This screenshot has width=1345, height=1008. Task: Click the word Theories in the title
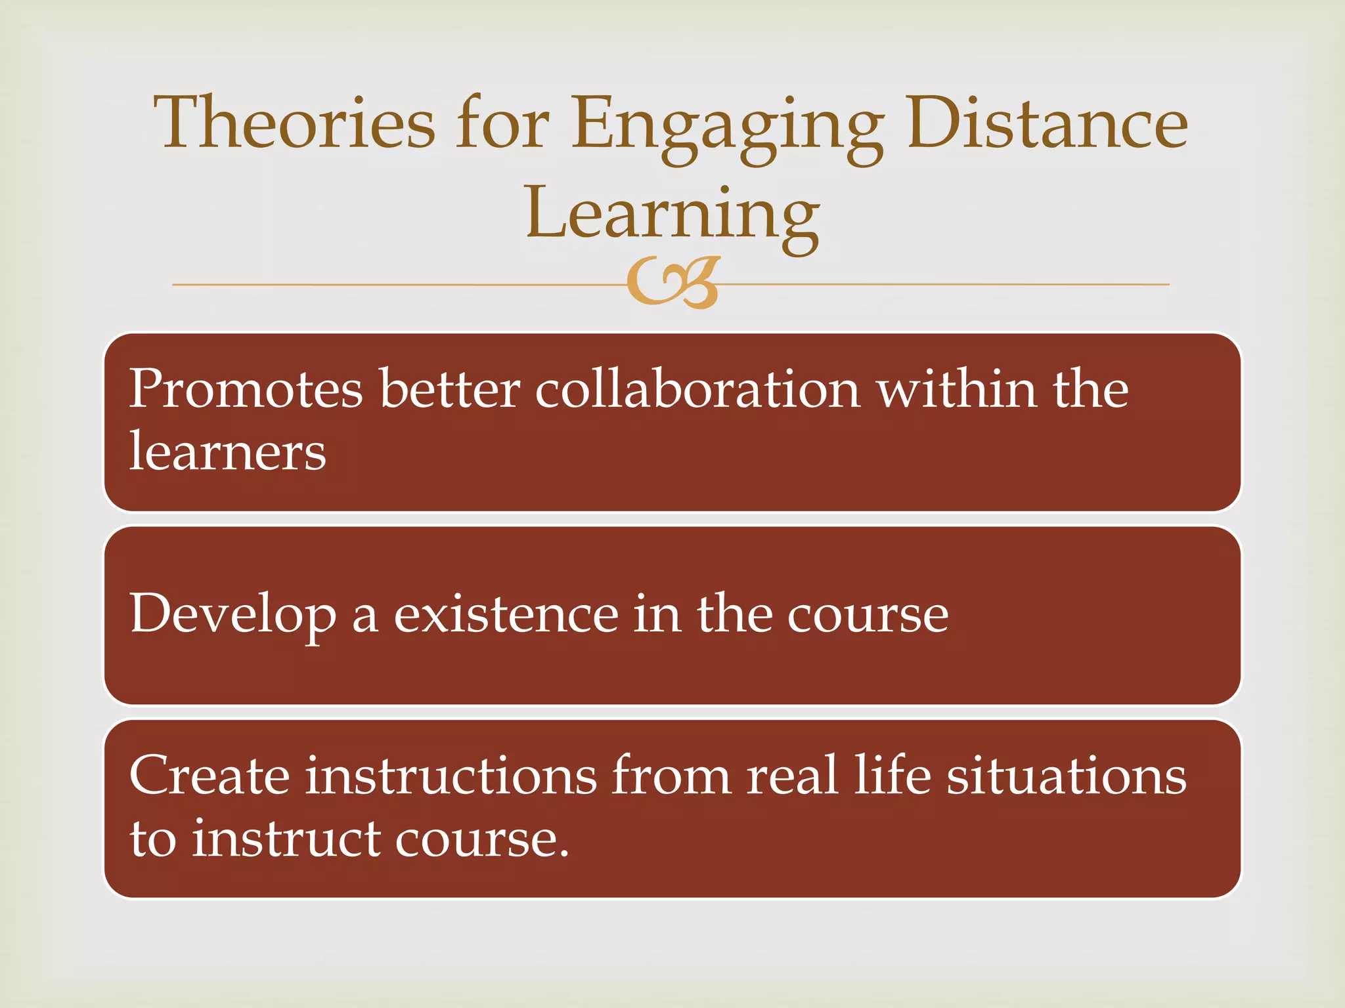(294, 123)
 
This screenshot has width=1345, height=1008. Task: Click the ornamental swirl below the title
(673, 283)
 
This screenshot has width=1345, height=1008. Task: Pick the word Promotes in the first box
(246, 389)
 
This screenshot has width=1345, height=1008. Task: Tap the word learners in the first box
(227, 452)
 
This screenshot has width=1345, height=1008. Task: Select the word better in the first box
(450, 389)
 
